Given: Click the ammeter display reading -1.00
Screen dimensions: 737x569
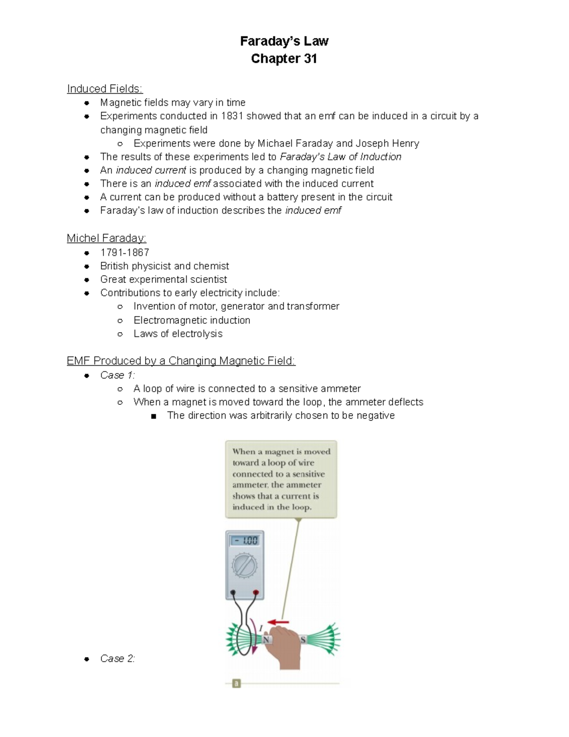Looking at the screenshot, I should (244, 541).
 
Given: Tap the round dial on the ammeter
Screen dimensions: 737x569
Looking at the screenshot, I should (244, 566).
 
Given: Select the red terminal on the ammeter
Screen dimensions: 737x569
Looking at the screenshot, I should (256, 592).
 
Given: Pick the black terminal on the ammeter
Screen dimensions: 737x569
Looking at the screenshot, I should (233, 592).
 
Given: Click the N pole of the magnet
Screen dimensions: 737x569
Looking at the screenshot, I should (266, 640).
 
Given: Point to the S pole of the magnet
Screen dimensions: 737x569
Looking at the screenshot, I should (303, 640).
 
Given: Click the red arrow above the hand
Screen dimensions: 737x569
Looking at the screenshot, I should (278, 622).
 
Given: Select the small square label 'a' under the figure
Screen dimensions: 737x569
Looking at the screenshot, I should (236, 683).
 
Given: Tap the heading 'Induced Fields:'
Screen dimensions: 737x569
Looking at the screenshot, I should (105, 89).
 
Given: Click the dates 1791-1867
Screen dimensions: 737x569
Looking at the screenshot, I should (125, 252).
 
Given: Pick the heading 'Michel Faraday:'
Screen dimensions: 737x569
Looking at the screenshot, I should (106, 238).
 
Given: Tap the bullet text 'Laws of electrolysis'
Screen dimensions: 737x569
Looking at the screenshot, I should (178, 334).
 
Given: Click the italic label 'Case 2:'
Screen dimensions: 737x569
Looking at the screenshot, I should (118, 659).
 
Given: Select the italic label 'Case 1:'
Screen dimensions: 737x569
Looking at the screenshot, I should (118, 375).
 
